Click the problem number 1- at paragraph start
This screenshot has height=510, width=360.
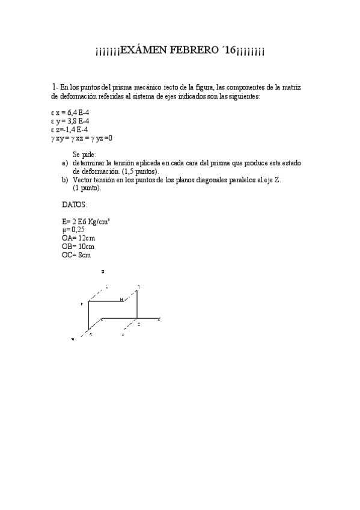point(55,87)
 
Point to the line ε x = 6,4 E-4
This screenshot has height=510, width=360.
point(71,112)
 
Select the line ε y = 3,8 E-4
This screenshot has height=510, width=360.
point(71,120)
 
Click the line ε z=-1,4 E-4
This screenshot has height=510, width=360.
point(70,129)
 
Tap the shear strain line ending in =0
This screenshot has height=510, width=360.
point(82,138)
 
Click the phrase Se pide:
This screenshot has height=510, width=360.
point(84,155)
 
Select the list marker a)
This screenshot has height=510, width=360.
point(65,163)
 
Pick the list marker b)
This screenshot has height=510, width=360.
point(65,180)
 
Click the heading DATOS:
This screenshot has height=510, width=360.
point(75,204)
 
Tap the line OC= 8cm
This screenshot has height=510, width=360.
point(71,255)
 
